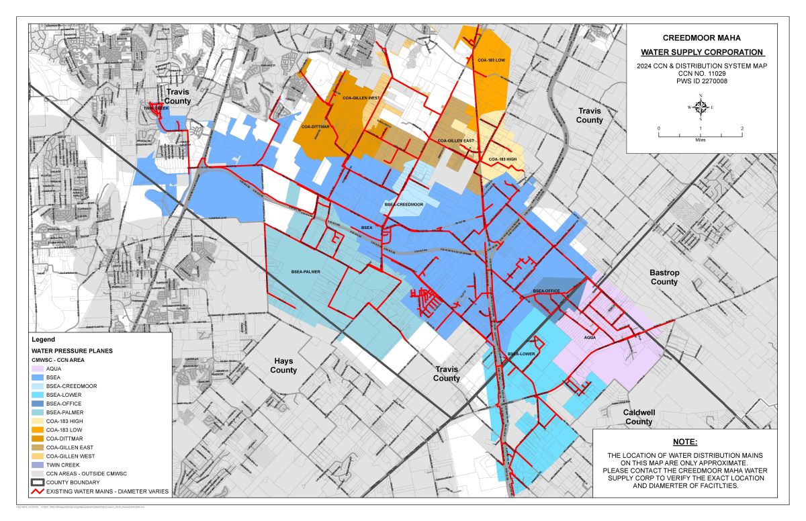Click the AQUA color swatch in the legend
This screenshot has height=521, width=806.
click(x=38, y=369)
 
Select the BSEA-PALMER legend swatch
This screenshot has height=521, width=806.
click(x=38, y=412)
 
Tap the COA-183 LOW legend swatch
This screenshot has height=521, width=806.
click(x=38, y=430)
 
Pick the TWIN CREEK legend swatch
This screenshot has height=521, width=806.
click(x=38, y=465)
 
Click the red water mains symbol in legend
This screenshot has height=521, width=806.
click(x=38, y=491)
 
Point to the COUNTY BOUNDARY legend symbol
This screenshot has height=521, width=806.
click(x=38, y=482)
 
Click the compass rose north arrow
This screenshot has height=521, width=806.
click(x=701, y=107)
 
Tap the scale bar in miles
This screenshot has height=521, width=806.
click(x=701, y=134)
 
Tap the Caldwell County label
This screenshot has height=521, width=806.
click(x=639, y=417)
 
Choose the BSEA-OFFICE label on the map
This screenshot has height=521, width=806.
click(x=546, y=291)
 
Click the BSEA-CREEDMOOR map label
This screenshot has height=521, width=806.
click(x=404, y=203)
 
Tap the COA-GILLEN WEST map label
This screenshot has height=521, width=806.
click(x=361, y=98)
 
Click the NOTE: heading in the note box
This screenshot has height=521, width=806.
click(x=686, y=442)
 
